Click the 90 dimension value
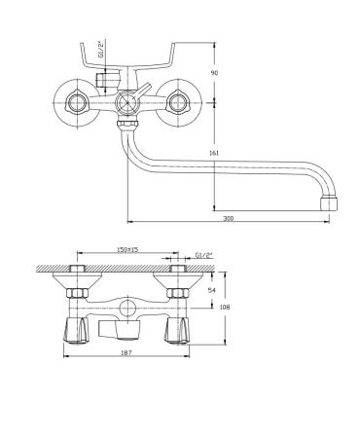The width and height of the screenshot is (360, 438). [x=214, y=73]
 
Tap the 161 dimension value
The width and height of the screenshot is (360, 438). [x=214, y=153]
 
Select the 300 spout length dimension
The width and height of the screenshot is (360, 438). [x=229, y=218]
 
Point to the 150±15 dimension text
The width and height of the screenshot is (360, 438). [x=127, y=249]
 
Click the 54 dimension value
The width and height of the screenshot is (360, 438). [x=211, y=290]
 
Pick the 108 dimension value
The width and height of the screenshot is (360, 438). [x=225, y=307]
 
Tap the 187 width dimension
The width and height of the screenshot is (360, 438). [x=126, y=352]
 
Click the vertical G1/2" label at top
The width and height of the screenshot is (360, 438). [x=101, y=50]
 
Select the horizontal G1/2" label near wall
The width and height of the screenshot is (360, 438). [x=203, y=255]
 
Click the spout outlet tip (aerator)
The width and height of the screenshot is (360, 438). [x=329, y=203]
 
